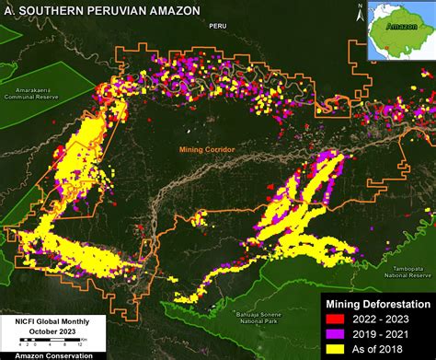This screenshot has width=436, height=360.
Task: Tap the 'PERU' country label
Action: [217, 27]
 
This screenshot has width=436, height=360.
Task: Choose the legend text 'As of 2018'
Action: [383, 351]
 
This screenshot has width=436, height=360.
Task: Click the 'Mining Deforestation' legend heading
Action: [376, 304]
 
